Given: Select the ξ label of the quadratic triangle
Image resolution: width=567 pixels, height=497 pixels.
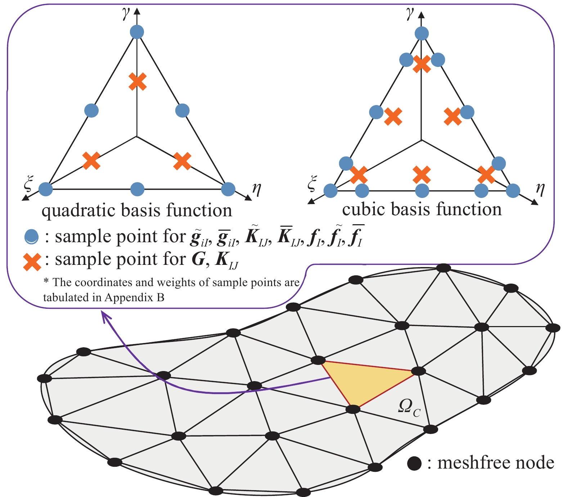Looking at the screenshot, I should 28,184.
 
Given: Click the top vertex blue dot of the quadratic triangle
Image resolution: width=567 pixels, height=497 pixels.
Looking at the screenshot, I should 137,32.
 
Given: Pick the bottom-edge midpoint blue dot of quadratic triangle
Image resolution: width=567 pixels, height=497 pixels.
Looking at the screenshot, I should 137,189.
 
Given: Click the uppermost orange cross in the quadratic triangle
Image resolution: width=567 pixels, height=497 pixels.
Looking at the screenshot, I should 138,82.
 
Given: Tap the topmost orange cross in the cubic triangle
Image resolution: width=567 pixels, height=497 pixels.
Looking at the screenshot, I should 422,64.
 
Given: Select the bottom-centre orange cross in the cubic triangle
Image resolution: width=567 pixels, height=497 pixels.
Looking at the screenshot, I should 422,175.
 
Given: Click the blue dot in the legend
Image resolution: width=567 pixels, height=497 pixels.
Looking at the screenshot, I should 32,237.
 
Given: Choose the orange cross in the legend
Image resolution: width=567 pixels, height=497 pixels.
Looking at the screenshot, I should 32,262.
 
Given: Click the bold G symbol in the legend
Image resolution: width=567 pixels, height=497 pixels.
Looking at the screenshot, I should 198,259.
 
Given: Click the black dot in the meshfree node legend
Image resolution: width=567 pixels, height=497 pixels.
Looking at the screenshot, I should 414,463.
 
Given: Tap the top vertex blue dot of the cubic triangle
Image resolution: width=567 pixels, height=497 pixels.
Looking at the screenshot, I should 422,33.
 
